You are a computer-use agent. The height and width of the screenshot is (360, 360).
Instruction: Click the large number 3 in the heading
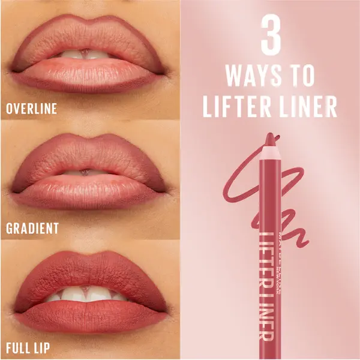[271, 37]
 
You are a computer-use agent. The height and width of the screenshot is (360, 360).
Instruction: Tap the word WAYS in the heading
[253, 77]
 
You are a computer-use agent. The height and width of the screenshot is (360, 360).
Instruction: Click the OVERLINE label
[31, 109]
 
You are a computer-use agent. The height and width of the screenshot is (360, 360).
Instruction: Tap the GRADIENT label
[32, 228]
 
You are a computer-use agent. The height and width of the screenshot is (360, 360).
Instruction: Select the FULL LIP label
[28, 347]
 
